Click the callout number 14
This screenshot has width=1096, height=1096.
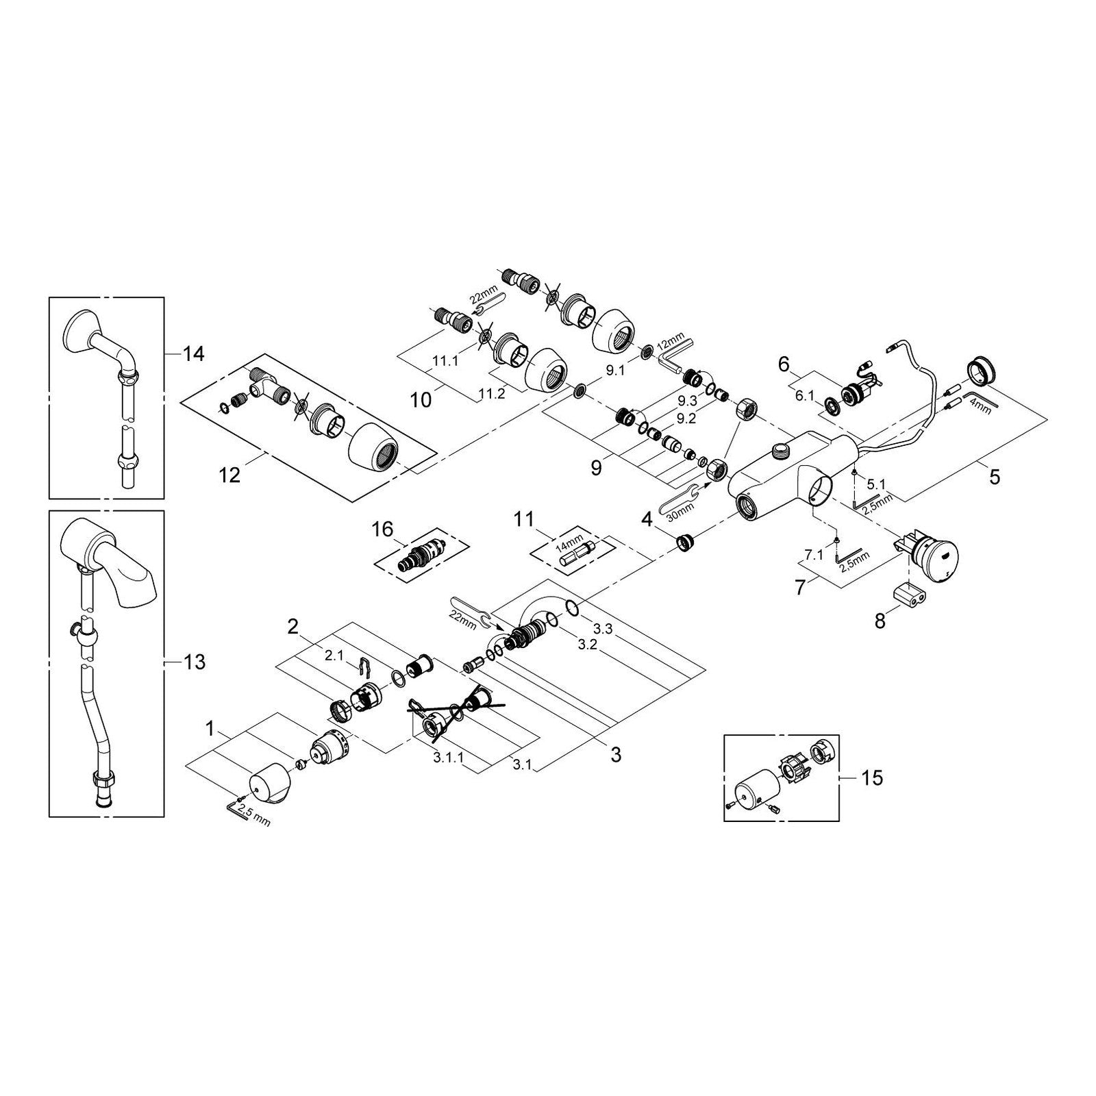click(193, 354)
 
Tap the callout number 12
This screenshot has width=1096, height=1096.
click(229, 474)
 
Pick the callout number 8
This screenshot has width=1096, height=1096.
click(880, 621)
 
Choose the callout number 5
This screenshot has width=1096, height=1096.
click(994, 476)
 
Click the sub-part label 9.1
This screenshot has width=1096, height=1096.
click(616, 371)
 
